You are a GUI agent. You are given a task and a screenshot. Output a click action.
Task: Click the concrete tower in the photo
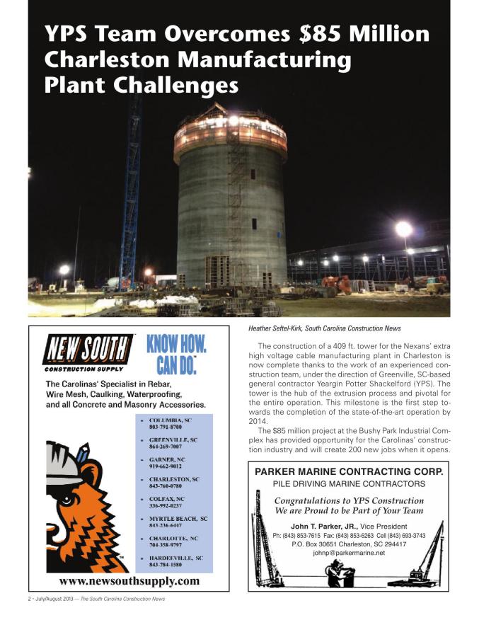pyautogui.click(x=231, y=205)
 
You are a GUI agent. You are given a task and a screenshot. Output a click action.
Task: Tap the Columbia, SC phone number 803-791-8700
pyautogui.click(x=166, y=427)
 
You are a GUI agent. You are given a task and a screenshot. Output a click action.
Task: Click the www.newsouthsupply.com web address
pyautogui.click(x=129, y=581)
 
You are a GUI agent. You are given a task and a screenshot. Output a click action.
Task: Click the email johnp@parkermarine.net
pyautogui.click(x=349, y=553)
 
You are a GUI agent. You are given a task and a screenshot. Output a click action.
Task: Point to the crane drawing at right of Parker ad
pyautogui.click(x=428, y=559)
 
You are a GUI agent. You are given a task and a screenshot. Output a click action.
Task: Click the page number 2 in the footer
pyautogui.click(x=21, y=599)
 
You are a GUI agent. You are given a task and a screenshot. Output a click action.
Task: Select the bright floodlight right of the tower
pyautogui.click(x=404, y=229)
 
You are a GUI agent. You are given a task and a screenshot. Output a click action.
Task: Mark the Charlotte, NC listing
pyautogui.click(x=174, y=542)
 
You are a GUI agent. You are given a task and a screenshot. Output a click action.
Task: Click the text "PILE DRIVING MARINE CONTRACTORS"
pyautogui.click(x=349, y=484)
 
